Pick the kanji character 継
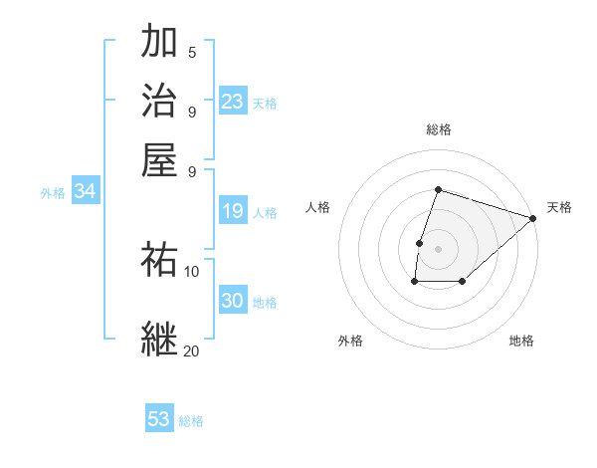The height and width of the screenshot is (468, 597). [161, 338]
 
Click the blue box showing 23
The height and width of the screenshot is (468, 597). [233, 102]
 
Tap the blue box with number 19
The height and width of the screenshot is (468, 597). [233, 211]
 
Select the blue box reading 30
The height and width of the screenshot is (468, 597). [233, 302]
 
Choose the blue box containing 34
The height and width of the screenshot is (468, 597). [85, 192]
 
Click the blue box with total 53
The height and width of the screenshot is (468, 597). [159, 419]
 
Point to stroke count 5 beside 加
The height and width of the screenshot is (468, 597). [192, 53]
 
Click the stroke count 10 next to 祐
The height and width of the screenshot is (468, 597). [192, 271]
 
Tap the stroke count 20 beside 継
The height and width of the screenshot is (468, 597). [192, 351]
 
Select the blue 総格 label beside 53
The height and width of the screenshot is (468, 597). [192, 421]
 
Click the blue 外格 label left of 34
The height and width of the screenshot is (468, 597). [53, 193]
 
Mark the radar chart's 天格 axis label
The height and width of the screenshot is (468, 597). [559, 207]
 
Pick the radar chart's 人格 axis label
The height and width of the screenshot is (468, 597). [318, 207]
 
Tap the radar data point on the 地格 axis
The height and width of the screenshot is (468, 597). [463, 282]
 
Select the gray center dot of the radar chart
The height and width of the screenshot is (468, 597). [438, 248]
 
